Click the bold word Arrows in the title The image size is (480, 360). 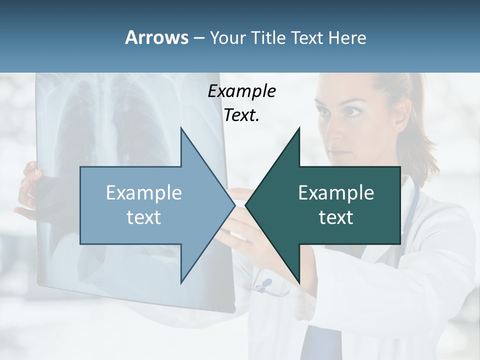tap(157, 37)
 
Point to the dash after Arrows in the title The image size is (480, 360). tap(198, 38)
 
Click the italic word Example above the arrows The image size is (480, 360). tap(241, 91)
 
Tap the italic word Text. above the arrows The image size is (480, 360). tap(241, 115)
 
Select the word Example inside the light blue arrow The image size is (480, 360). tap(144, 193)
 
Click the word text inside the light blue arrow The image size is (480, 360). tap(144, 217)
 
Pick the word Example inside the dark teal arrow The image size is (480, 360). tap(336, 193)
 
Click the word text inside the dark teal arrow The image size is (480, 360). tap(336, 217)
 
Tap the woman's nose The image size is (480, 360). tap(334, 134)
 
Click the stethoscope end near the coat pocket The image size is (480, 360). tap(264, 285)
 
